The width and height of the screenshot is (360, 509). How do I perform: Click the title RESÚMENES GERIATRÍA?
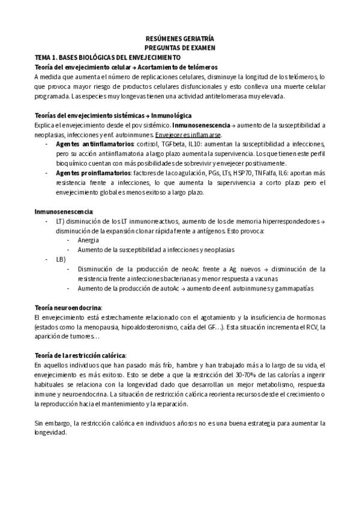(179, 37)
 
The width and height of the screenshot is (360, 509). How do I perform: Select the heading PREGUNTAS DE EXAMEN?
(179, 47)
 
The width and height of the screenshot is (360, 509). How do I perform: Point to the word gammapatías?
(293, 288)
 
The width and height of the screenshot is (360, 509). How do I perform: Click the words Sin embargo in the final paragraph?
(52, 423)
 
